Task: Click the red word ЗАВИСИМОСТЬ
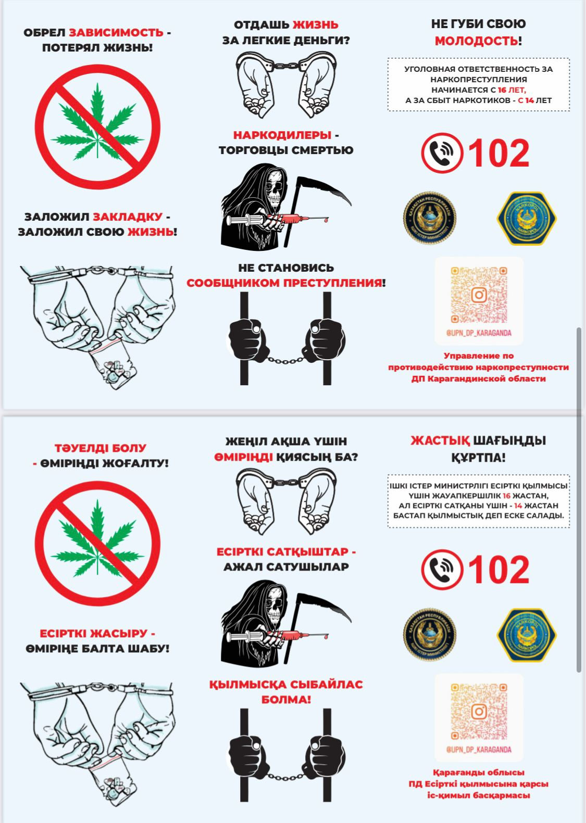[116, 33]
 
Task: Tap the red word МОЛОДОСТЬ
[476, 41]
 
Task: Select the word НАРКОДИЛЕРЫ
[282, 135]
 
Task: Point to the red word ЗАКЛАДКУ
[128, 217]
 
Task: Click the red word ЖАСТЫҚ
[440, 441]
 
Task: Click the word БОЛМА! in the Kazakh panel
[286, 699]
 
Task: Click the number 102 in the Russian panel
[498, 153]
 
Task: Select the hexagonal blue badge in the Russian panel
[527, 218]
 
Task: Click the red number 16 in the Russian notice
[502, 90]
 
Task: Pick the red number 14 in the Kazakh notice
[518, 505]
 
